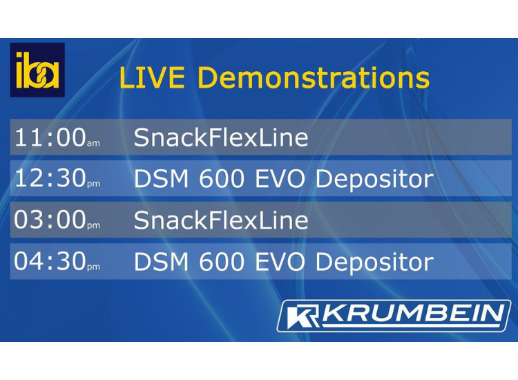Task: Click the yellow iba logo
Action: [37, 70]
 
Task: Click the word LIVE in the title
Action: [152, 78]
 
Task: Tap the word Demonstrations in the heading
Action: [314, 78]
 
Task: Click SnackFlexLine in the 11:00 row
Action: [221, 137]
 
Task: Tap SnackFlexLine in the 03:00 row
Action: [221, 220]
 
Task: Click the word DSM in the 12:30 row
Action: [161, 179]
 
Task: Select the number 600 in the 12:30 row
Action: [221, 179]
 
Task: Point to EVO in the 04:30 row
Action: [280, 262]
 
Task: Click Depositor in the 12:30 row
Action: [374, 179]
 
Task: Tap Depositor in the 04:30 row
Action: [374, 262]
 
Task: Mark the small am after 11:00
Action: [93, 143]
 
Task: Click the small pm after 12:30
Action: [93, 184]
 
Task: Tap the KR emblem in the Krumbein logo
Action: [303, 316]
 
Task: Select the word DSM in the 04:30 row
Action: [161, 262]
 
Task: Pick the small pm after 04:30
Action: [93, 267]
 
